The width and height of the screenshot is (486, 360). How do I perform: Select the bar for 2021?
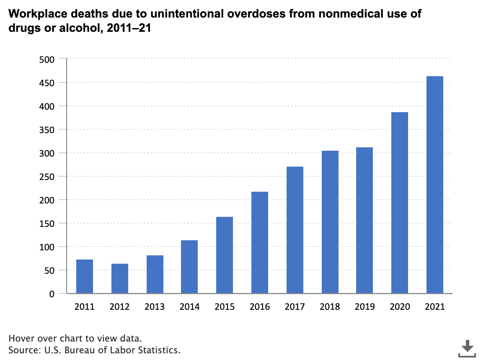[434, 185]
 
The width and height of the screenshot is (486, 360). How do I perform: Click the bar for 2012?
[120, 278]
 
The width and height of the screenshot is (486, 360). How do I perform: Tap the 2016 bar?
[260, 242]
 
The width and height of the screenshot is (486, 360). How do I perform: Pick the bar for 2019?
[364, 220]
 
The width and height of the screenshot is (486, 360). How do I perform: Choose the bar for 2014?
[189, 267]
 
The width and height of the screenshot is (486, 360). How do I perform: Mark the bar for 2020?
[399, 203]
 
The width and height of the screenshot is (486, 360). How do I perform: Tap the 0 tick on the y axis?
[52, 294]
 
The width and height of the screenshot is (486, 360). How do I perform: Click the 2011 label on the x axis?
[85, 307]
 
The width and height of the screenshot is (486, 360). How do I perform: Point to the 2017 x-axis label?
[295, 307]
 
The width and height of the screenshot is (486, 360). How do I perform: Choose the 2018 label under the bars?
[330, 307]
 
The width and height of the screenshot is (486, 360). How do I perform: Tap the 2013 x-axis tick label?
[155, 307]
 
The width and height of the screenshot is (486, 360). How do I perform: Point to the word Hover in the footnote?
[20, 338]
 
